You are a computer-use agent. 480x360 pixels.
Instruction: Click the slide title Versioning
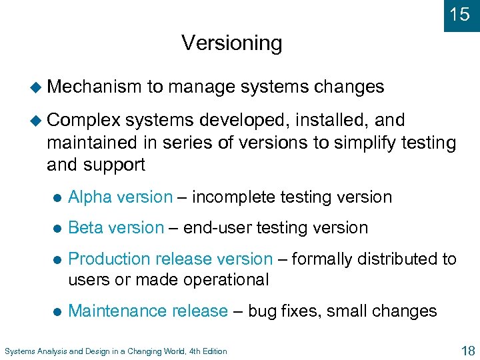point(231,43)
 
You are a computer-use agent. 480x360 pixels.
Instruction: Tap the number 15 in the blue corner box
point(460,15)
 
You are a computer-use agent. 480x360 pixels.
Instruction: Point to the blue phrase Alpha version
point(120,197)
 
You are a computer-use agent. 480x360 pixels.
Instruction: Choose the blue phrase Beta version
point(116,228)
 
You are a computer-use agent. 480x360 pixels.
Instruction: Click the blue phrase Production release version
point(170,259)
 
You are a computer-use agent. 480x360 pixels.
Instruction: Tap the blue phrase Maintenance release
point(148,311)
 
